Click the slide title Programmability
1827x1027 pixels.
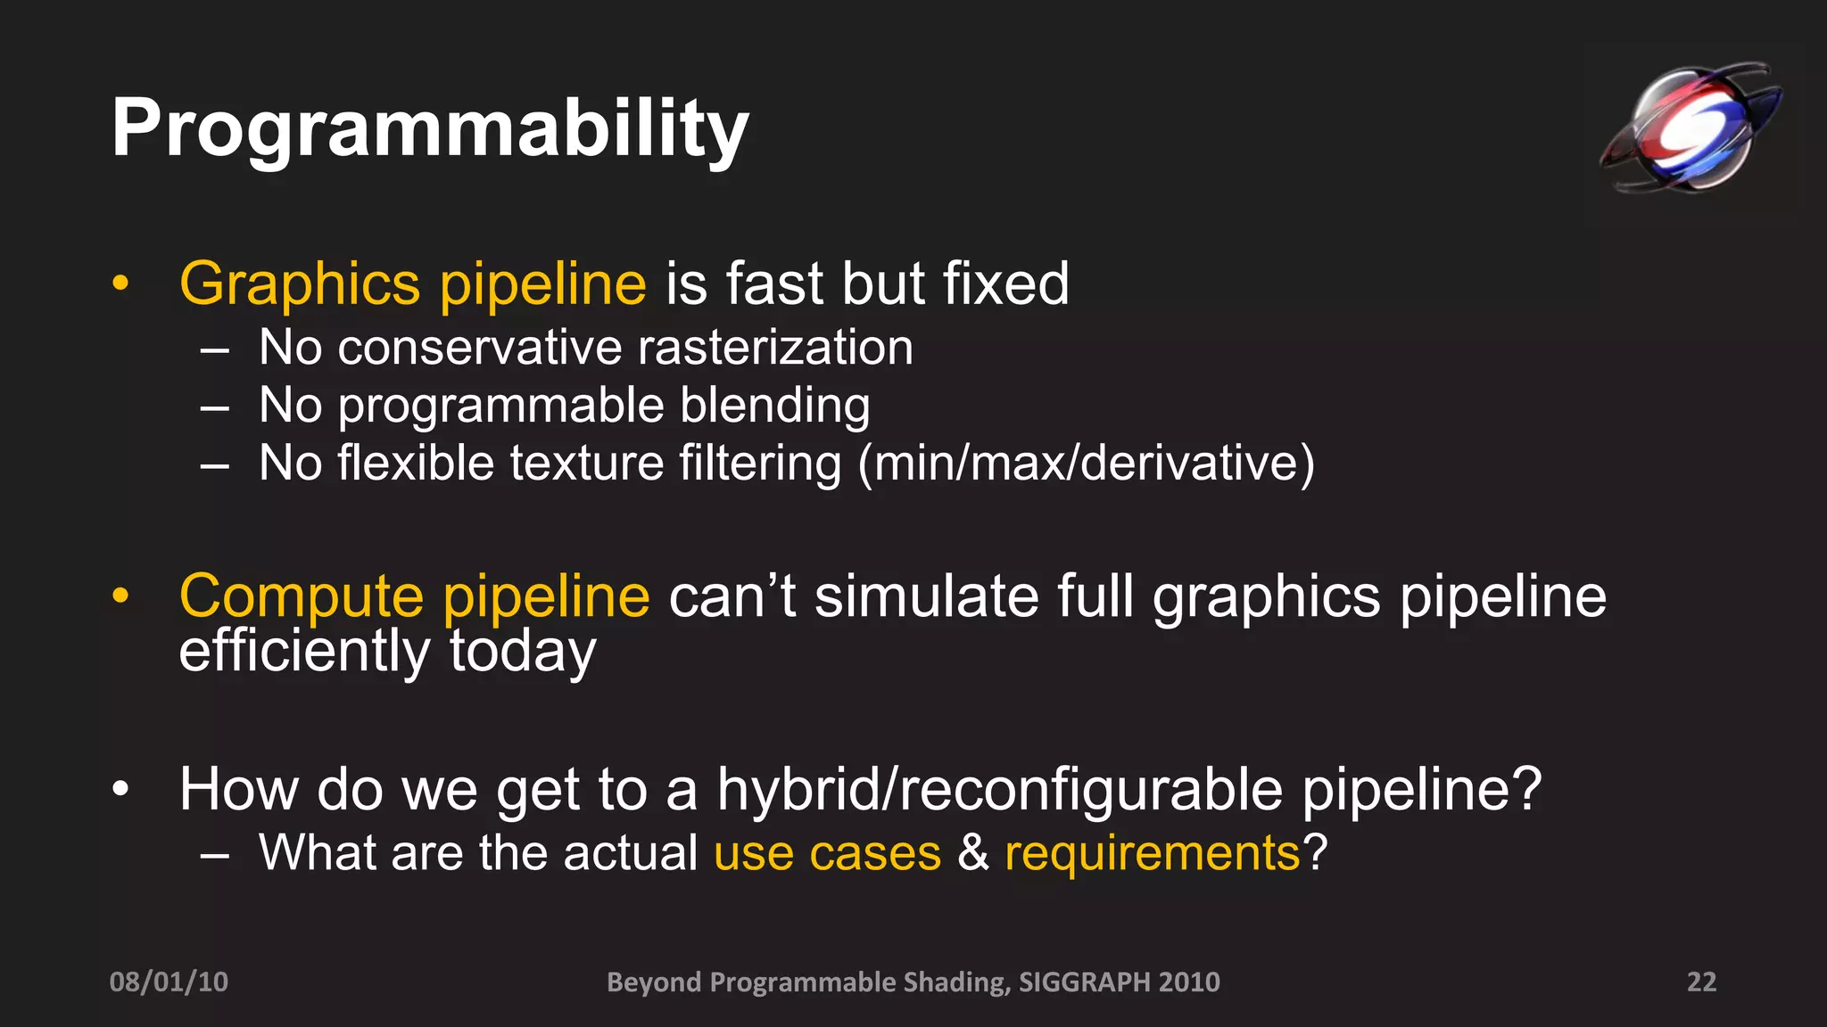point(429,129)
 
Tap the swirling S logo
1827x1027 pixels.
point(1690,127)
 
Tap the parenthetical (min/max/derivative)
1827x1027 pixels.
point(1086,464)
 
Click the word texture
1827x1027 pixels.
point(586,464)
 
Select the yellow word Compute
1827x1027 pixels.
point(302,596)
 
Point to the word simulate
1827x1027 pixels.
point(926,596)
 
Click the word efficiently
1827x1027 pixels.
point(304,652)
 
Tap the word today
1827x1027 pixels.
point(522,652)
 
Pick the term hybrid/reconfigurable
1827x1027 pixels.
point(999,790)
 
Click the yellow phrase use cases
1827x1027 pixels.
point(827,853)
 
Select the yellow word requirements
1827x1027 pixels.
point(1152,854)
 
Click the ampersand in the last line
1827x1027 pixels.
point(972,853)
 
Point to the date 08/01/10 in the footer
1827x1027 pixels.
point(169,982)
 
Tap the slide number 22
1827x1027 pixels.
point(1700,982)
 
